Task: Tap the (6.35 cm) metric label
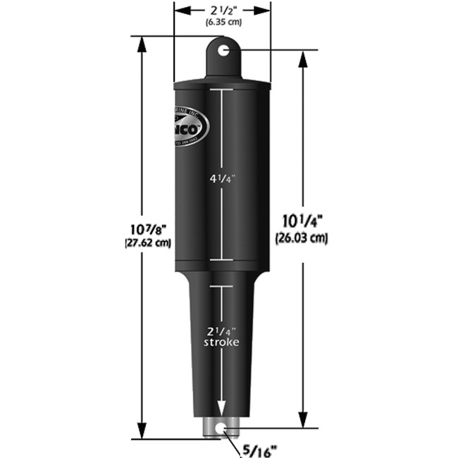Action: [222, 23]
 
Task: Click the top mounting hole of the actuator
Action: [223, 50]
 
